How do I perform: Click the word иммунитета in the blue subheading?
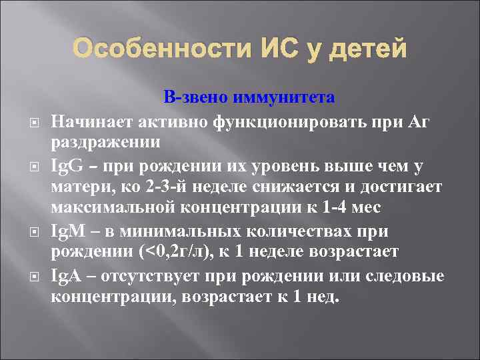(285, 97)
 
